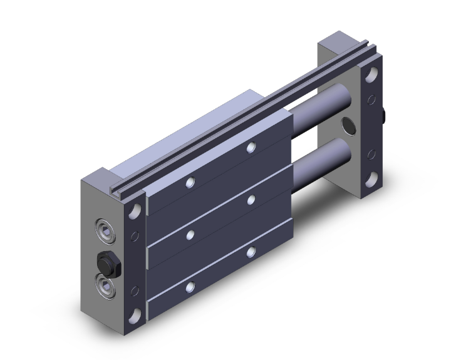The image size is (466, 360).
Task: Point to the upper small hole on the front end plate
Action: [x=133, y=237]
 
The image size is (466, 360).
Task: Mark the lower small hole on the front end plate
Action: [x=133, y=289]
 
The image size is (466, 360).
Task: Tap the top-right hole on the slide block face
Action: [x=251, y=148]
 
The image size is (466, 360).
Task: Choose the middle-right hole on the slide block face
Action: [x=251, y=200]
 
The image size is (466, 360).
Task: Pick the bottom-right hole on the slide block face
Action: [x=251, y=252]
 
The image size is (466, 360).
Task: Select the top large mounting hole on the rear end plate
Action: [x=371, y=75]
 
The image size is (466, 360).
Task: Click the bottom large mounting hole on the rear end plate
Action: [x=371, y=178]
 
